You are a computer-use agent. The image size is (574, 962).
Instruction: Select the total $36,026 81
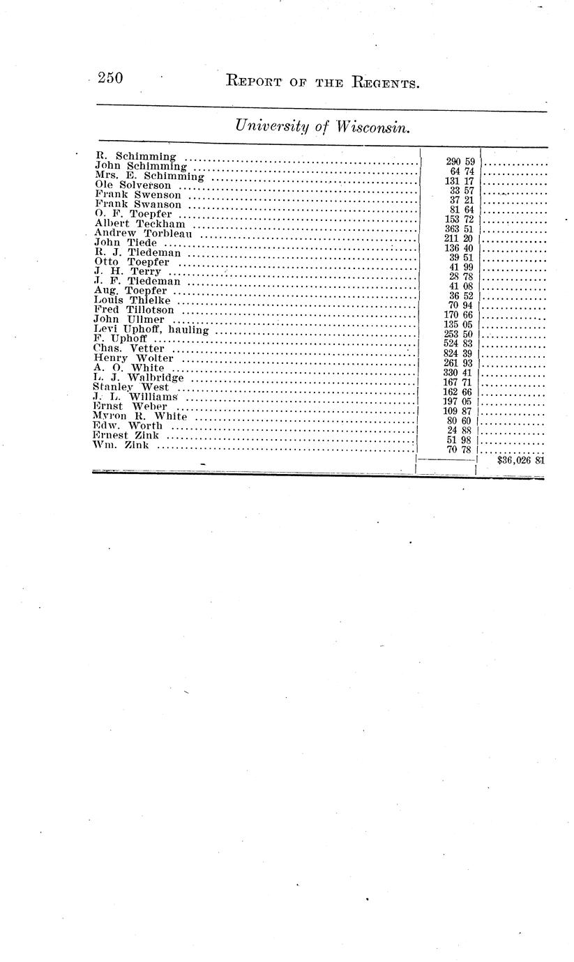click(521, 460)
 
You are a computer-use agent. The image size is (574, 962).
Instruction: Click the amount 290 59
click(460, 162)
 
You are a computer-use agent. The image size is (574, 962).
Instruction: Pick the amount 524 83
click(458, 343)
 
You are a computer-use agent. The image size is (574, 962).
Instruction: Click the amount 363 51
click(459, 229)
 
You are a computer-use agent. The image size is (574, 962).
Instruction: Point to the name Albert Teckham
click(139, 223)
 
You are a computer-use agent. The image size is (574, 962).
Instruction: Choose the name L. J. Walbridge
click(138, 377)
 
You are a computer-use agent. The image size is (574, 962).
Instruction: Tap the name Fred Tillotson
click(134, 310)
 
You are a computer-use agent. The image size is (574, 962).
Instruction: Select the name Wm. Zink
click(120, 445)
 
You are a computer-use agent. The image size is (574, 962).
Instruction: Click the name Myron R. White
click(139, 415)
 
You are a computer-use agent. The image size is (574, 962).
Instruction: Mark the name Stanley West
click(130, 387)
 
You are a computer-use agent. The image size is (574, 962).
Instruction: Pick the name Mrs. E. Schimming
click(149, 176)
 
